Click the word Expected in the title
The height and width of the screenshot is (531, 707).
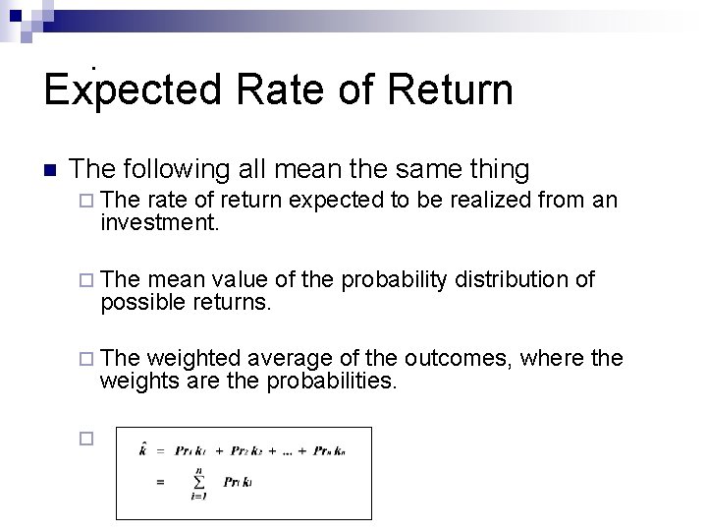point(133,89)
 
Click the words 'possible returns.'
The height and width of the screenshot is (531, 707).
point(185,303)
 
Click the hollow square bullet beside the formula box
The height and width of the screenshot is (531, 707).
point(85,440)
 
